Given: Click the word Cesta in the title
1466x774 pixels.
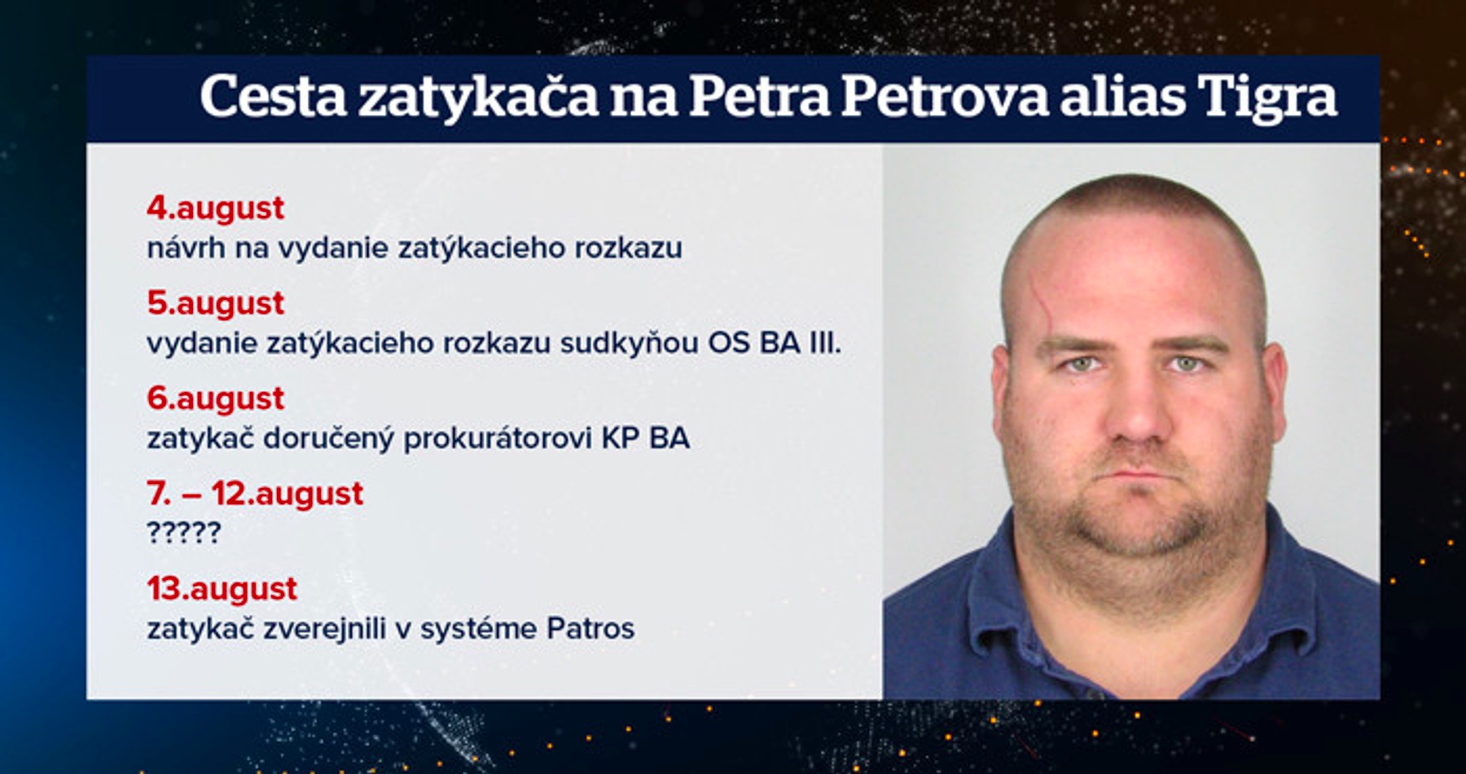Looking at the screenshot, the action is tap(274, 96).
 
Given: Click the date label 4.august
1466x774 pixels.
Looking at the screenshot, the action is tap(215, 209).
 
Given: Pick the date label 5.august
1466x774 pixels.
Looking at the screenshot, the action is tap(215, 304).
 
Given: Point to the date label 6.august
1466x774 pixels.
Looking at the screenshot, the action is tap(215, 399).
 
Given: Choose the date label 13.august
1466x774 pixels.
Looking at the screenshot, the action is tap(222, 589).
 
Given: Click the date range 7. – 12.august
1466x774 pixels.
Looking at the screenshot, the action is tap(255, 495).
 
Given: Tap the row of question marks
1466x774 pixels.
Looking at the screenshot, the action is tap(183, 533).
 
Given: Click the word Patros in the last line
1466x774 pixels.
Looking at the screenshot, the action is tap(590, 629).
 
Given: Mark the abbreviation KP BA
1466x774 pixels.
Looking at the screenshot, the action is tap(645, 438).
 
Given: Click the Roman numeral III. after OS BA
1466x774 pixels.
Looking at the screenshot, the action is tap(824, 343).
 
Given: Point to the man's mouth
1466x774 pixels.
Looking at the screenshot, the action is tap(1140, 475).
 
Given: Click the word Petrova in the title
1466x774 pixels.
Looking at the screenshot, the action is tap(944, 96).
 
